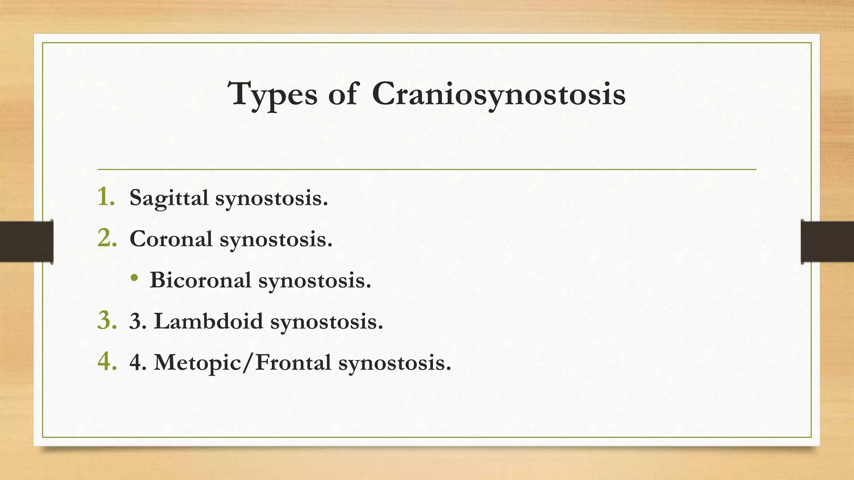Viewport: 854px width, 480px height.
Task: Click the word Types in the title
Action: pyautogui.click(x=274, y=94)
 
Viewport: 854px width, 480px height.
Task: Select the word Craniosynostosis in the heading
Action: pyautogui.click(x=498, y=94)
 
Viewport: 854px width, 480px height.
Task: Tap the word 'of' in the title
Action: pyautogui.click(x=343, y=94)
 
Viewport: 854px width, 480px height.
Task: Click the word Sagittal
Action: pyautogui.click(x=169, y=197)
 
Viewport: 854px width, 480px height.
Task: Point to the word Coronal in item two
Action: pyautogui.click(x=171, y=239)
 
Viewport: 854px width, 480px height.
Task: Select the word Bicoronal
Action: pyautogui.click(x=200, y=280)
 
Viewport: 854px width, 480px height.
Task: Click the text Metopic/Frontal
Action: pyautogui.click(x=242, y=362)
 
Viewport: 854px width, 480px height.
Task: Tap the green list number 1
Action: pyautogui.click(x=106, y=197)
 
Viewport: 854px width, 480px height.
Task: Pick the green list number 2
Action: pyautogui.click(x=107, y=238)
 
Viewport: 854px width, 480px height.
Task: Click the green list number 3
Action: pyautogui.click(x=107, y=321)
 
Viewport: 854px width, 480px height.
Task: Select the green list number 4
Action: pyautogui.click(x=107, y=362)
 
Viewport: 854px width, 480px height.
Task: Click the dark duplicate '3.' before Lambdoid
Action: pyautogui.click(x=138, y=322)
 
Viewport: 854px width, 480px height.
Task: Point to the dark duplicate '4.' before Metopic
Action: pyautogui.click(x=138, y=362)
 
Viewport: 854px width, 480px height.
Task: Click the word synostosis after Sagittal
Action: pyautogui.click(x=271, y=198)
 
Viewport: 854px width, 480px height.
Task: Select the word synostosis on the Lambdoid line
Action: pyautogui.click(x=326, y=322)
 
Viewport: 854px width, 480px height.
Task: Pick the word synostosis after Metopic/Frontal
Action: pyautogui.click(x=394, y=363)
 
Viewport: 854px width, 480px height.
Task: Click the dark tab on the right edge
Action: pyautogui.click(x=827, y=242)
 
